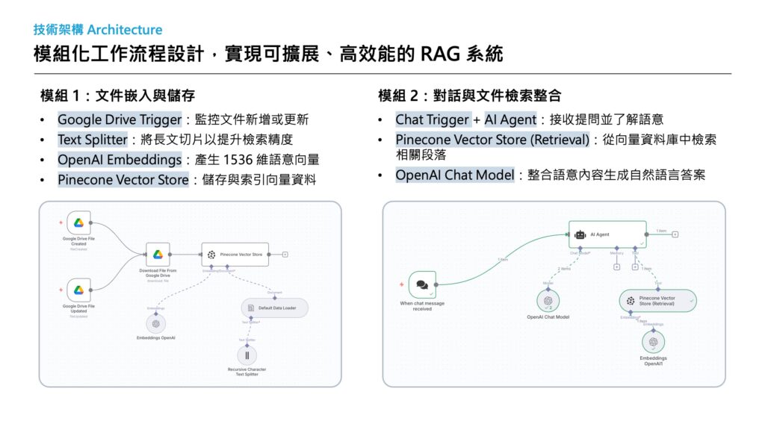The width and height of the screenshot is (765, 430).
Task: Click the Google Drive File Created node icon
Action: click(x=78, y=222)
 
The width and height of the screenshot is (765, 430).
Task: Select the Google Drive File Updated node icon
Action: click(x=78, y=290)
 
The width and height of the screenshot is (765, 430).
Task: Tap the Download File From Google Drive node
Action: click(x=158, y=255)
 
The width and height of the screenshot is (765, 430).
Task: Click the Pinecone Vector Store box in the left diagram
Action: click(x=235, y=255)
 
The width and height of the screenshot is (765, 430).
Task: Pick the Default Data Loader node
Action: click(x=274, y=308)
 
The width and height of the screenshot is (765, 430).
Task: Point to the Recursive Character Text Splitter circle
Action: click(x=247, y=355)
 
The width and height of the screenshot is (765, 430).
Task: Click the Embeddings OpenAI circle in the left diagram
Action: click(x=156, y=324)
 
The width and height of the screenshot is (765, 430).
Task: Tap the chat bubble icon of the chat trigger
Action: click(x=422, y=284)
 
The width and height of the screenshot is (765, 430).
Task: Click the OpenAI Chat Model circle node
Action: click(x=548, y=300)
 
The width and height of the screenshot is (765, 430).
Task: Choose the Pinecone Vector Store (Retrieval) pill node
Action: click(x=657, y=301)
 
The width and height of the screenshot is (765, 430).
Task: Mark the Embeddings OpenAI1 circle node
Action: click(x=653, y=342)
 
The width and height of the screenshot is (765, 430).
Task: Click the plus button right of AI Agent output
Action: click(x=675, y=234)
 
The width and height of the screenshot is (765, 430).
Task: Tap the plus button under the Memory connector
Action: click(x=617, y=267)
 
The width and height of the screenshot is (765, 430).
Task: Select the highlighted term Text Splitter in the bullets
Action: click(x=92, y=140)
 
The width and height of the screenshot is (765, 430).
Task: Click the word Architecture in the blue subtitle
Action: click(x=125, y=30)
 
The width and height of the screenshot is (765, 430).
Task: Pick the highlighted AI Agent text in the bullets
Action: click(x=510, y=119)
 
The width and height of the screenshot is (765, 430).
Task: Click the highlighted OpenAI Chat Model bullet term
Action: click(x=455, y=175)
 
